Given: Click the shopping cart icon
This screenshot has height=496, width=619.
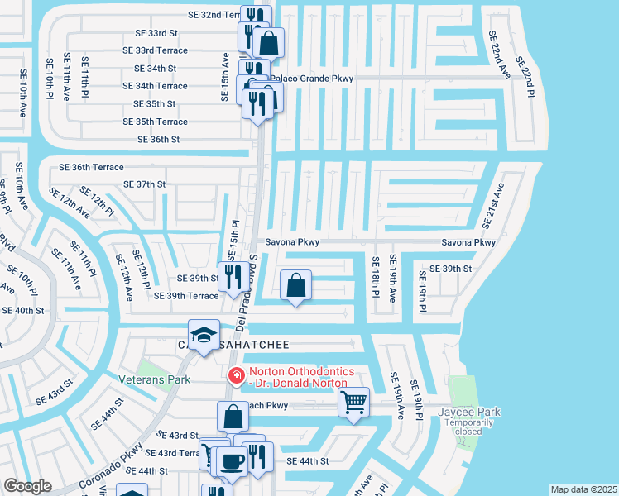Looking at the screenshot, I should pos(354,403).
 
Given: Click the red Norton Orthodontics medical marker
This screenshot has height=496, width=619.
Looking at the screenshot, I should pos(236,375).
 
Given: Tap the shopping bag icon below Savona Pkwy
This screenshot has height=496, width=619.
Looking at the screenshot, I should pos(296,286).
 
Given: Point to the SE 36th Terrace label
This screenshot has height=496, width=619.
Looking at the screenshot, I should pos(91,167).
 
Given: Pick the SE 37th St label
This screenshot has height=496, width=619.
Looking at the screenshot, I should pos(144,184).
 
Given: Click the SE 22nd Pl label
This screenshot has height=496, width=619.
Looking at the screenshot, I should pos(523,77).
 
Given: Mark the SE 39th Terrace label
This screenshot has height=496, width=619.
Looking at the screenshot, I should pos(186,296).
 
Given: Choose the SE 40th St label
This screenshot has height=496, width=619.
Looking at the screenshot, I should pos(22,311).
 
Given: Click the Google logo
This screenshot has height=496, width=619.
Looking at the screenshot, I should pos(28,486).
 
